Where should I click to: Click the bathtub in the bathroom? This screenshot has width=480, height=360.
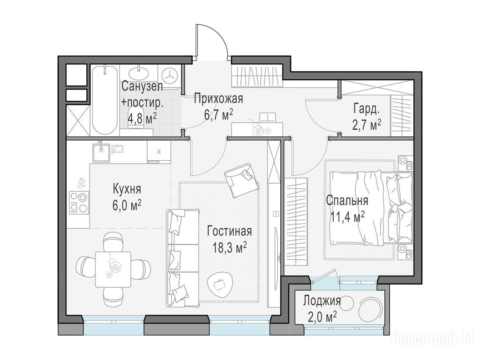105,100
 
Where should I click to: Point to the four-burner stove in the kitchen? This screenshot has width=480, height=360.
79,202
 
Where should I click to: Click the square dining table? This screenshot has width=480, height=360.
113,269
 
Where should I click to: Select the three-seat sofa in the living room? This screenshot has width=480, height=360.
183,258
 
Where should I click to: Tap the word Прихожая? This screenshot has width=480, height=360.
218,99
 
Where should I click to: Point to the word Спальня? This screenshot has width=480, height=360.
347,201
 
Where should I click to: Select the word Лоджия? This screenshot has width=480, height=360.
322,300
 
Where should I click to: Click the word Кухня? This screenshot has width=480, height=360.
127,189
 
